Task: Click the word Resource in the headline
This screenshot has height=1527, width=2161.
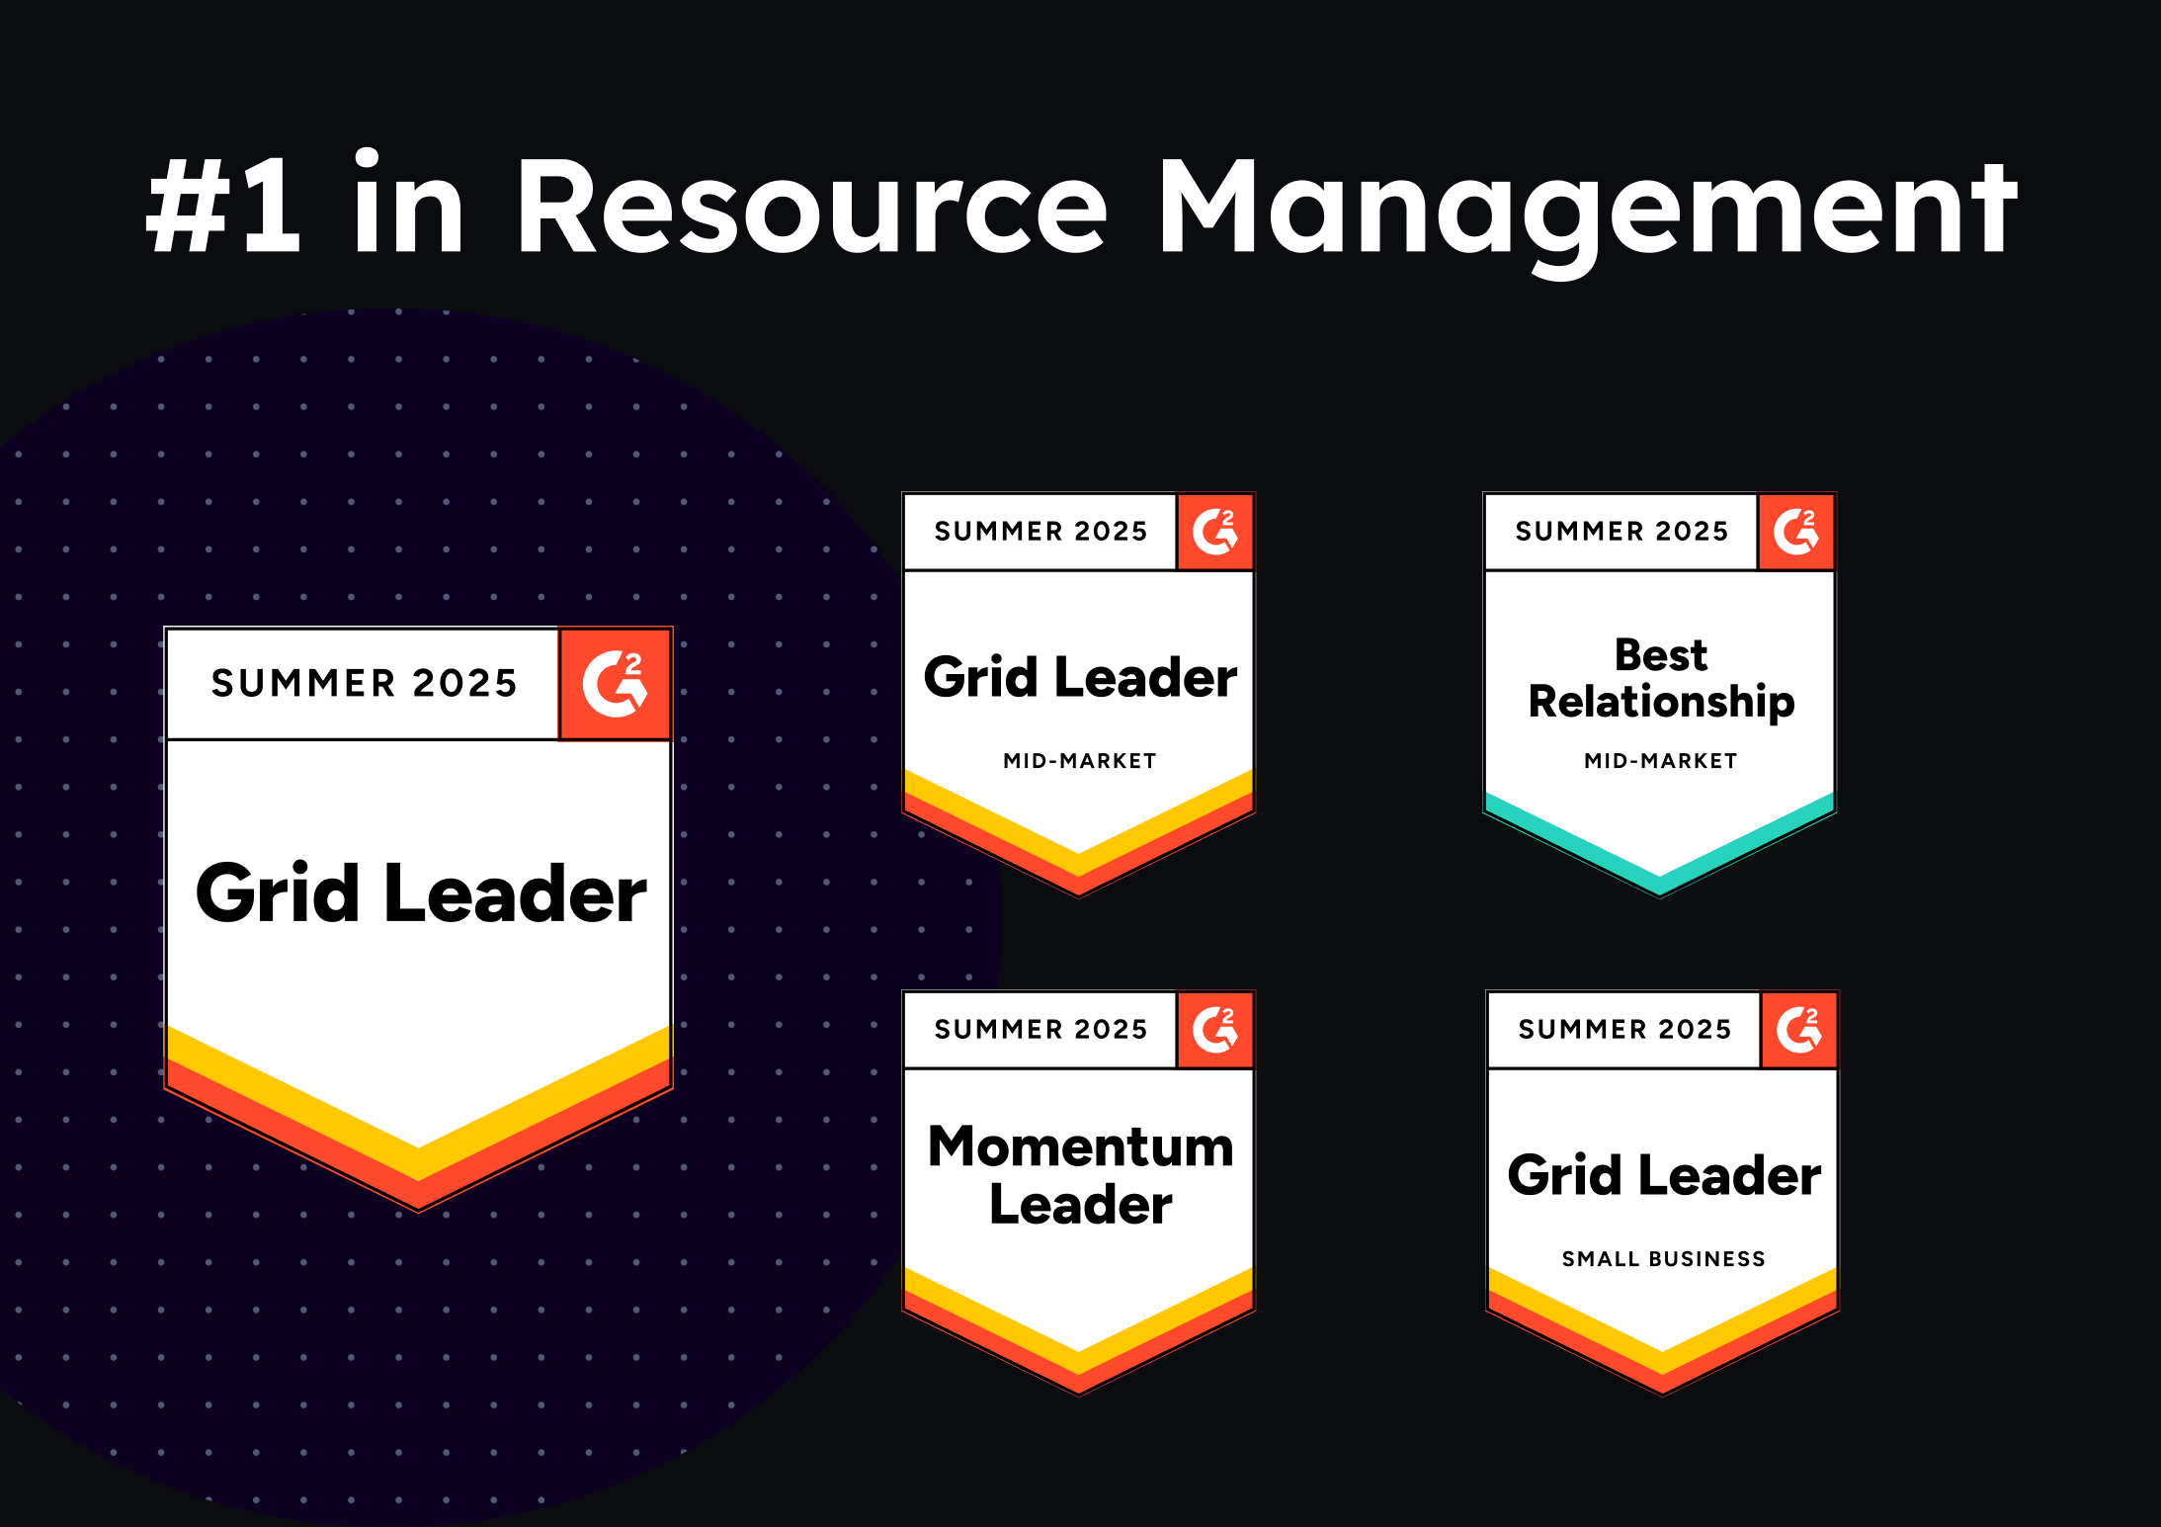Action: pos(810,208)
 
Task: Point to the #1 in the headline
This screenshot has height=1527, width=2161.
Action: pos(223,208)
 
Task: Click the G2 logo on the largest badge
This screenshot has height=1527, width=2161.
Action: pos(615,683)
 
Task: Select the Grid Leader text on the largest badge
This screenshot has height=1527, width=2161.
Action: pos(421,893)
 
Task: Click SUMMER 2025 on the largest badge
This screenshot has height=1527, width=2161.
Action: pos(364,683)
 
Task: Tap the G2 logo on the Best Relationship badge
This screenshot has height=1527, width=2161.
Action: pos(1795,532)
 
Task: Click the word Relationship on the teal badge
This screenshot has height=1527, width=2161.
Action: pos(1661,702)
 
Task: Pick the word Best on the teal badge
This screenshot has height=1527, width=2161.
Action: pos(1661,654)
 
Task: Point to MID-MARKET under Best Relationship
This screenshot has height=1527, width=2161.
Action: pos(1660,761)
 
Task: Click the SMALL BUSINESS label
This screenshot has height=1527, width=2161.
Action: pos(1663,1259)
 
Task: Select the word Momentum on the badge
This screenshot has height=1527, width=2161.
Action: pos(1080,1146)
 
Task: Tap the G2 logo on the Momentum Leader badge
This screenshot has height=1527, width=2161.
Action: pos(1214,1030)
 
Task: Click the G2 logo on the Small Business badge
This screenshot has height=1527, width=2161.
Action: pos(1798,1030)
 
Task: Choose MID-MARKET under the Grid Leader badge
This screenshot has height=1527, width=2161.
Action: pos(1079,761)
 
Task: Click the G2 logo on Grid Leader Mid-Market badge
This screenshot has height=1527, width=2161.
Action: pos(1214,532)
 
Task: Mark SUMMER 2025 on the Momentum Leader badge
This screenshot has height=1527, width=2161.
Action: pos(1040,1030)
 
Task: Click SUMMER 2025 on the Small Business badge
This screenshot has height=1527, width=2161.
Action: pos(1624,1030)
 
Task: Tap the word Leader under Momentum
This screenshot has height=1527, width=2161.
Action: pos(1080,1205)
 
